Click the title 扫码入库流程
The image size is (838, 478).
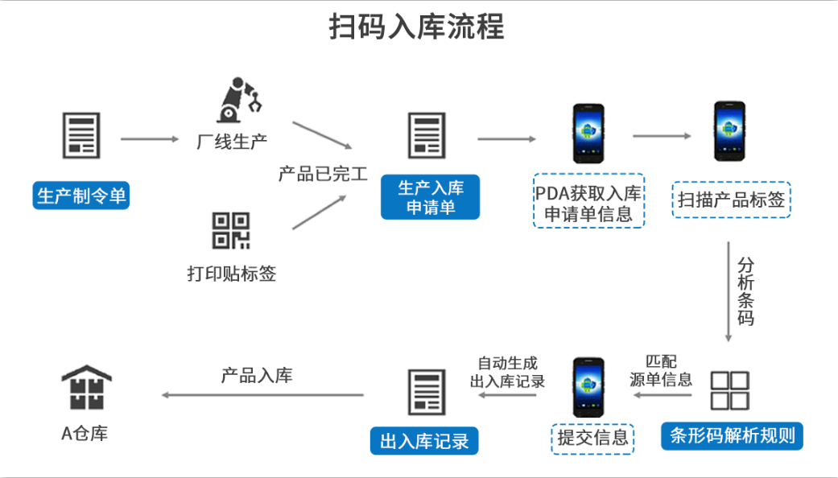(x=418, y=27)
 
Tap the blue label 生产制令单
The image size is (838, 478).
(x=81, y=196)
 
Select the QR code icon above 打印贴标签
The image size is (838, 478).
(x=231, y=230)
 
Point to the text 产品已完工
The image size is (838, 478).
(x=323, y=173)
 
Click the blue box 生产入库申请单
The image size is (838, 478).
(x=430, y=197)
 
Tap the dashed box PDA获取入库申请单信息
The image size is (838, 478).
(x=588, y=200)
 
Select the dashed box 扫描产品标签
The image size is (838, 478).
(x=731, y=199)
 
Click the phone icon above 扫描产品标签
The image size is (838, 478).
(x=730, y=132)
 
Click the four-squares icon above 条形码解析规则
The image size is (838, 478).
(x=729, y=390)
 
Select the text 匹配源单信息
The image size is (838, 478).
(x=660, y=371)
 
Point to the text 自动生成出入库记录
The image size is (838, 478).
(x=507, y=372)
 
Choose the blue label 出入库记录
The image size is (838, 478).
(x=423, y=440)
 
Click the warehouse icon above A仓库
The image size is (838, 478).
(x=86, y=388)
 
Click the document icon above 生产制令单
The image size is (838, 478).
(x=81, y=135)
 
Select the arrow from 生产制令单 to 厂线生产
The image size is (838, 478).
(x=150, y=139)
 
